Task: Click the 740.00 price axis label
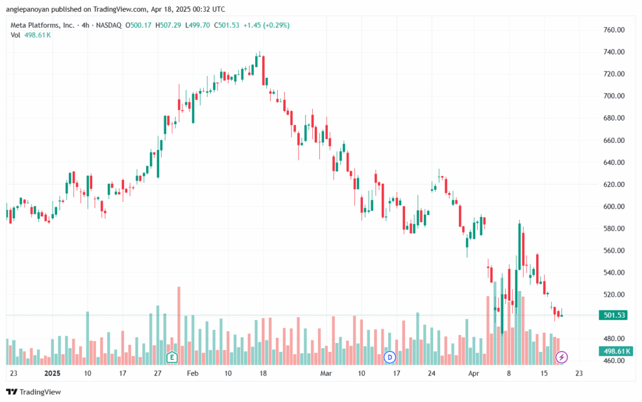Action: [x=614, y=52]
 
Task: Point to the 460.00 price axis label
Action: [x=614, y=361]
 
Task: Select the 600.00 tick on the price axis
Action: [x=614, y=206]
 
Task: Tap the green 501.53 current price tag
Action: [x=613, y=315]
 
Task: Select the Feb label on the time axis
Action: [x=192, y=373]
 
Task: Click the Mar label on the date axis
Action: [x=326, y=373]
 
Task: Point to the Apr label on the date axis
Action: [x=474, y=373]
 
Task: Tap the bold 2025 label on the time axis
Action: [x=53, y=373]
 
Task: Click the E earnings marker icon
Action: [x=172, y=357]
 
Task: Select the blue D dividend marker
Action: [x=390, y=357]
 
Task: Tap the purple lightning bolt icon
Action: [x=561, y=357]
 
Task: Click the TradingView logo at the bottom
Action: [x=34, y=392]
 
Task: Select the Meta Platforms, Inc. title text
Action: [x=43, y=25]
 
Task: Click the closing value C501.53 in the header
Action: [x=226, y=25]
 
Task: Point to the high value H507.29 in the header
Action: [x=168, y=25]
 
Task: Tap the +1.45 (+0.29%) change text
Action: [x=266, y=25]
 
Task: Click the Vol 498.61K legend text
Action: [x=31, y=35]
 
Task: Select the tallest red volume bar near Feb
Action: [x=179, y=326]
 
